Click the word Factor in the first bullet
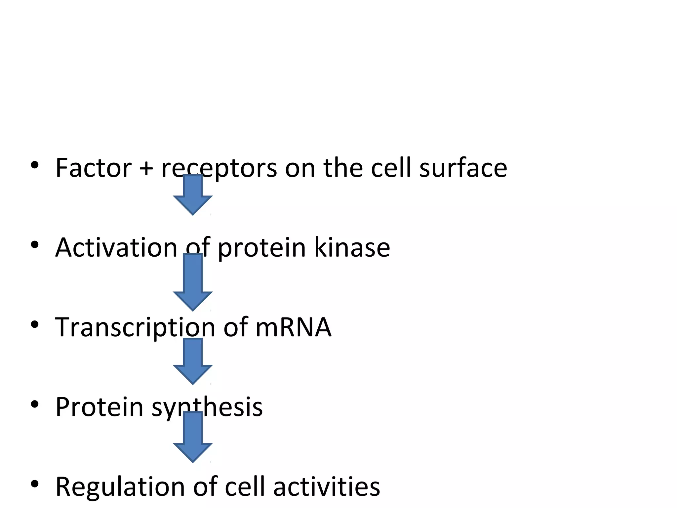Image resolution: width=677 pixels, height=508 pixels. (x=94, y=168)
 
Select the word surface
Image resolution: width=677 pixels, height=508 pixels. (x=463, y=168)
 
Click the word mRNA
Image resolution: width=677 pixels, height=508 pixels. (x=293, y=327)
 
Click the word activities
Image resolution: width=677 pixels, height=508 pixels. (x=327, y=487)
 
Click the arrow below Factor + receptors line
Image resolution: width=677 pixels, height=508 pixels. (x=193, y=195)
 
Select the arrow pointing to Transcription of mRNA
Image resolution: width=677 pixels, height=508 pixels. (x=193, y=283)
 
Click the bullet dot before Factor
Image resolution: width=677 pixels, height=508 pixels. (x=35, y=165)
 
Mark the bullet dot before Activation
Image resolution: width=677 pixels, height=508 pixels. (x=35, y=245)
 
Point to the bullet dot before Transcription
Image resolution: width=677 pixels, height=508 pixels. (x=35, y=324)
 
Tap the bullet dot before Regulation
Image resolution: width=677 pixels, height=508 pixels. (x=35, y=484)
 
